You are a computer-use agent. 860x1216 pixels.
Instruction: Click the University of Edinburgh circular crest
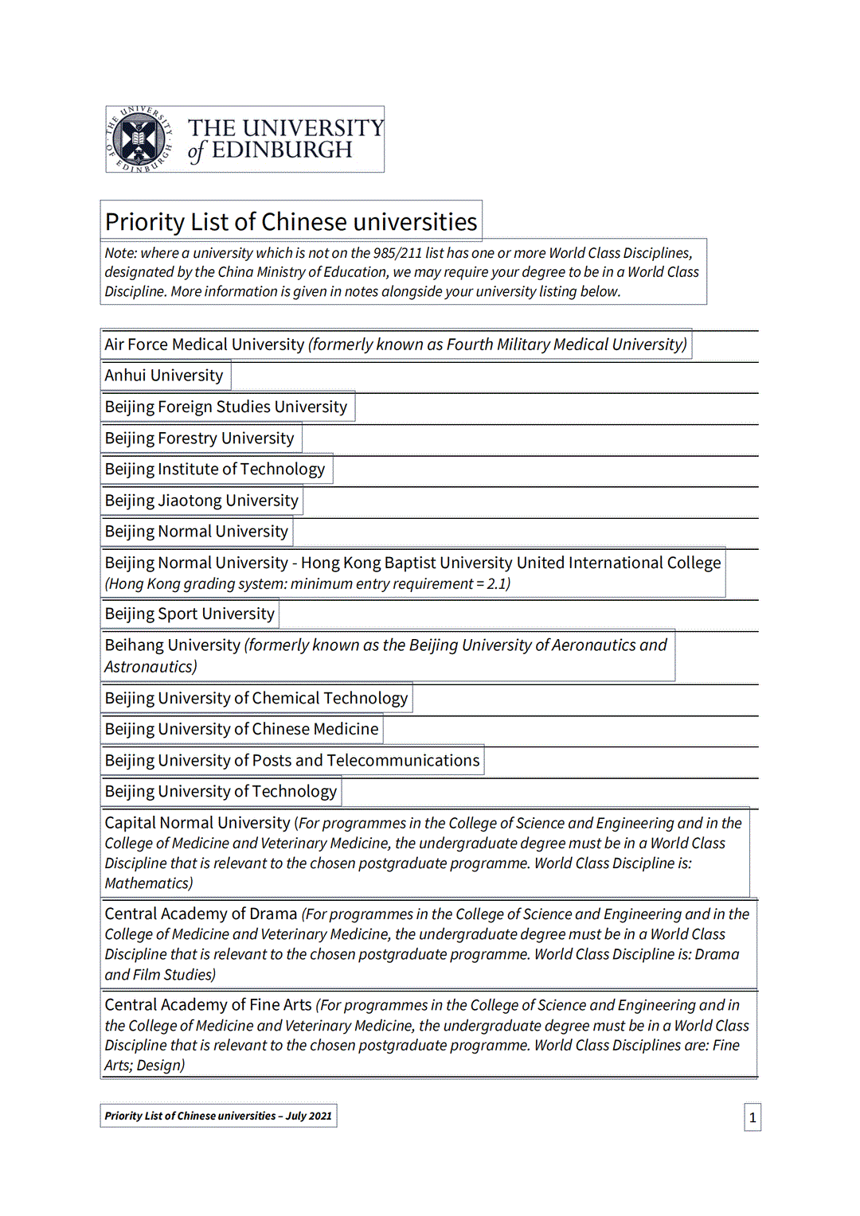pyautogui.click(x=140, y=139)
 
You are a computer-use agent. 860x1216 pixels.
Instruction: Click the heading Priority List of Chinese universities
pyautogui.click(x=291, y=221)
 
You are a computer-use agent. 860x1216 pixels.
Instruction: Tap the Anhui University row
pyautogui.click(x=164, y=375)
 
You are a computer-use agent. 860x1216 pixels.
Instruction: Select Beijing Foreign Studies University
pyautogui.click(x=226, y=407)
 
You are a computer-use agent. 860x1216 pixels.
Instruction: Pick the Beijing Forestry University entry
pyautogui.click(x=199, y=438)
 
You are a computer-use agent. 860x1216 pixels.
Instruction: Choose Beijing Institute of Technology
pyautogui.click(x=215, y=469)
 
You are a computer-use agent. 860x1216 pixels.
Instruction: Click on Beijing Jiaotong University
pyautogui.click(x=201, y=501)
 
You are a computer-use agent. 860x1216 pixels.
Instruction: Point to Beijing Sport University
pyautogui.click(x=190, y=614)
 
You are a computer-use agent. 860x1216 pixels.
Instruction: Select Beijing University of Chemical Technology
pyautogui.click(x=256, y=698)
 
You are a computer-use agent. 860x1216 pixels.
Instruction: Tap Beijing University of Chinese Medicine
pyautogui.click(x=241, y=729)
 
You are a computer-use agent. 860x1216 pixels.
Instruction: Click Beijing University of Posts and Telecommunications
pyautogui.click(x=292, y=760)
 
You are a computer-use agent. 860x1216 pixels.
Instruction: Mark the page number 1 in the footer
pyautogui.click(x=752, y=1117)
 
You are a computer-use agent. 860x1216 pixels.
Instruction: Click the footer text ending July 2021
pyautogui.click(x=218, y=1116)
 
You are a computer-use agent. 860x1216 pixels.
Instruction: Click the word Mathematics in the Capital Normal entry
pyautogui.click(x=148, y=883)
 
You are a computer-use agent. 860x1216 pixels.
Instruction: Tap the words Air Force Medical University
pyautogui.click(x=205, y=345)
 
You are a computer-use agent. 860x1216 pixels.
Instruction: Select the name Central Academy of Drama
pyautogui.click(x=201, y=914)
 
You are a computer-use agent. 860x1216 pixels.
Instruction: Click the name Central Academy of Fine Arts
pyautogui.click(x=208, y=1005)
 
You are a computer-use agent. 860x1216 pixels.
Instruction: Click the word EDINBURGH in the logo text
pyautogui.click(x=282, y=150)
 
